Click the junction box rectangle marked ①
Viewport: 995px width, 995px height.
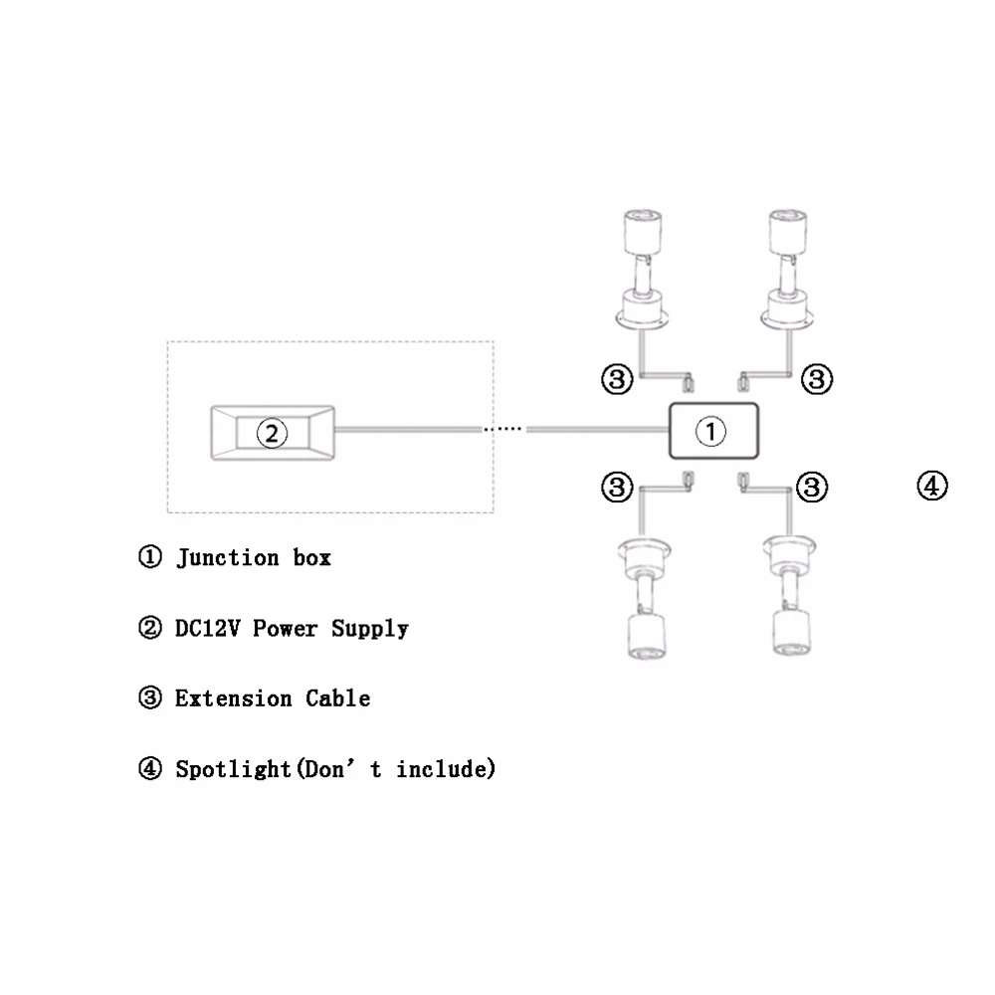[x=713, y=431]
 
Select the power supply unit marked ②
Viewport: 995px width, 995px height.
[x=272, y=432]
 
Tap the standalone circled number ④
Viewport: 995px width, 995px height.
[x=931, y=487]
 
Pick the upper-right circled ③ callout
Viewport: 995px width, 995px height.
[x=817, y=378]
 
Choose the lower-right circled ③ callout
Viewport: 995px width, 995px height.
[x=813, y=487]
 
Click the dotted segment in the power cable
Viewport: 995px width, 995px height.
[x=502, y=430]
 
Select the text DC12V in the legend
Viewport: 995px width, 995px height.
[x=209, y=628]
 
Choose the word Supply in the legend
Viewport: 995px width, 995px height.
[x=370, y=629]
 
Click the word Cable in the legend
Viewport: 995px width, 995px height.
[x=338, y=698]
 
